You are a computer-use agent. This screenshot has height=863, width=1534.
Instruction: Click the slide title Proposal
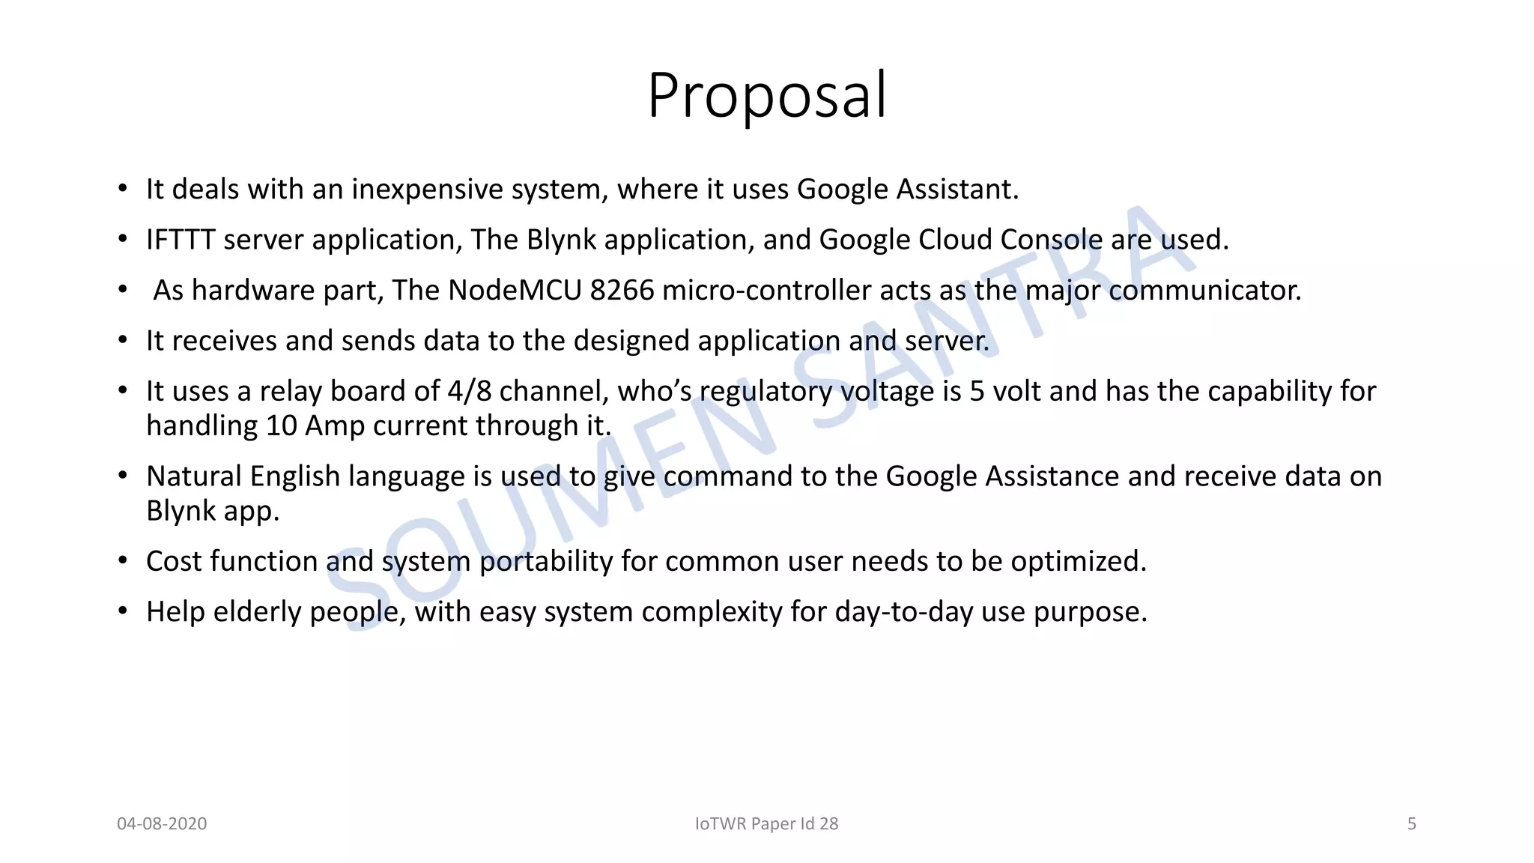(x=767, y=96)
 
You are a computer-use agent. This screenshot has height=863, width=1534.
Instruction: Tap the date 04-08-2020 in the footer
(x=162, y=824)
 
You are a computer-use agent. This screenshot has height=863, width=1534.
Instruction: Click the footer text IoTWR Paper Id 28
(x=766, y=824)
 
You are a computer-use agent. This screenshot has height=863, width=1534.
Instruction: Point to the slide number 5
(x=1411, y=824)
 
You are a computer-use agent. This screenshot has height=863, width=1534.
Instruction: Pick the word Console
(x=1051, y=240)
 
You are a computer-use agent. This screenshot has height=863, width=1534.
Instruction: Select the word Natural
(x=194, y=476)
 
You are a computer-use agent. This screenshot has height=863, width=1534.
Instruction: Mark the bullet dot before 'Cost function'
(x=123, y=561)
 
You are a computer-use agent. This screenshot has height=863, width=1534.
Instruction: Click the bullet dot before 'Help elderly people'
(x=123, y=611)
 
